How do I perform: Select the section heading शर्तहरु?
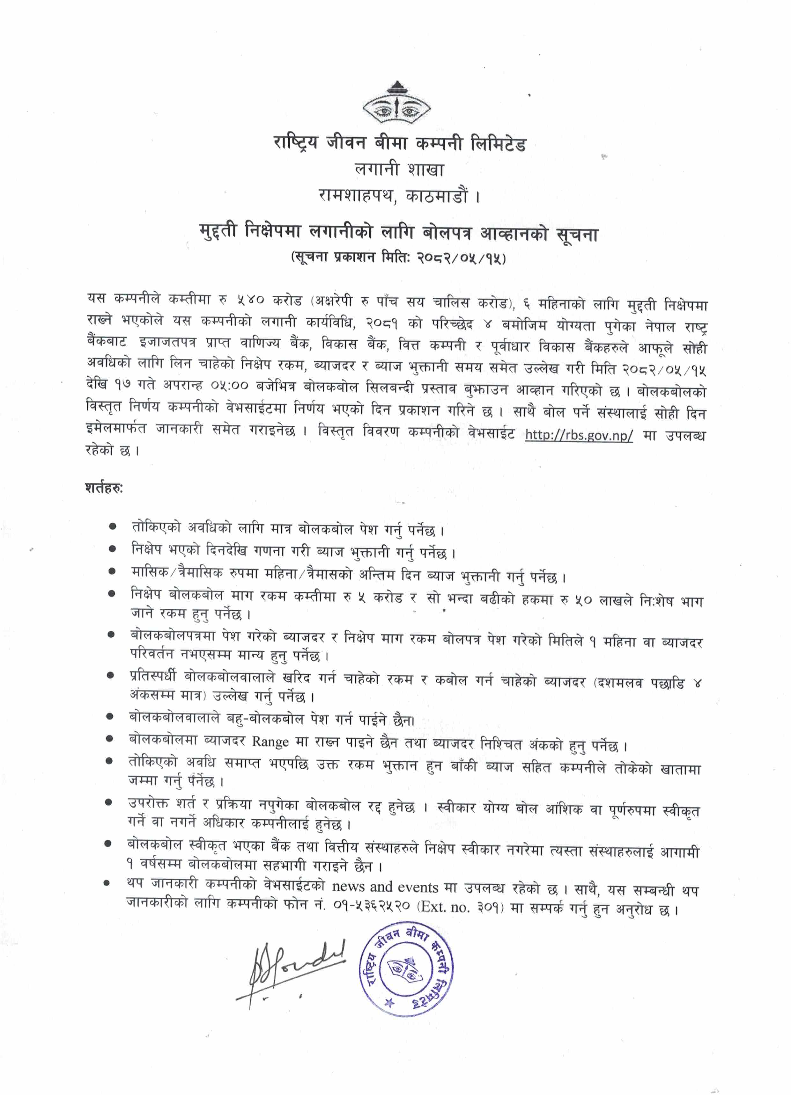104,488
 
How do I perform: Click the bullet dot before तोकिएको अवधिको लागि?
113,526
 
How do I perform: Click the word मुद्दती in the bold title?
218,232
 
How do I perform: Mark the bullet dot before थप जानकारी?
107,882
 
